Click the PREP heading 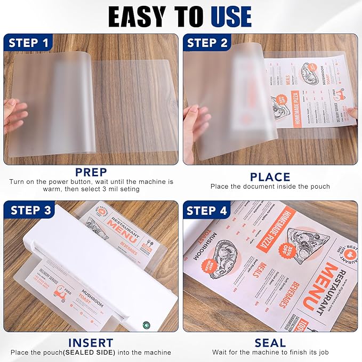coord(91,173)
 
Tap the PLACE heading coord(270,176)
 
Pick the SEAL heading coord(270,342)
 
